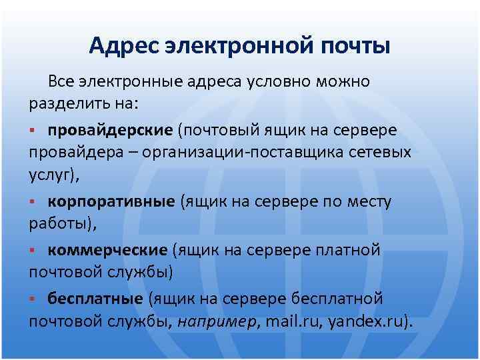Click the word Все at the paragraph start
click(x=61, y=82)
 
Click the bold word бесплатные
click(x=95, y=298)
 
